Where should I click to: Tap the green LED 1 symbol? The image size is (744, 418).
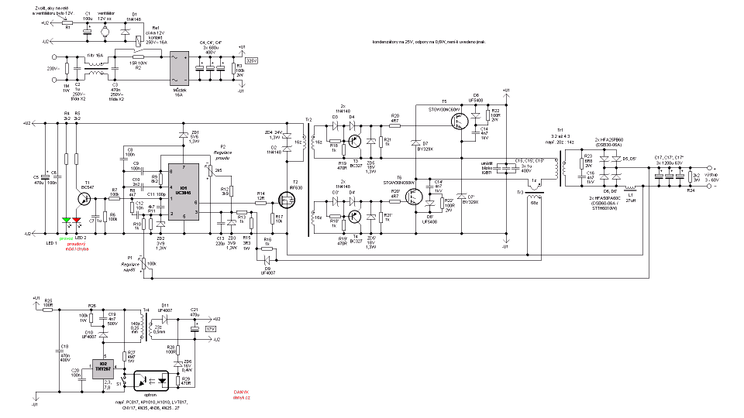(67, 221)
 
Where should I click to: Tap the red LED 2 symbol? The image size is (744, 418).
(77, 221)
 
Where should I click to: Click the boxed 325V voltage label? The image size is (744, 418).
(250, 60)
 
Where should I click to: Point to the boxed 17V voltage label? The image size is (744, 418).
(210, 329)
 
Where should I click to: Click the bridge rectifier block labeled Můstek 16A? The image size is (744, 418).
(181, 70)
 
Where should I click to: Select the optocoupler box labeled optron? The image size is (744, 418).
(152, 381)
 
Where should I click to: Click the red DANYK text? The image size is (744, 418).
(241, 392)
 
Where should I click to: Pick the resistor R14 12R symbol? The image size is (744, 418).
(260, 199)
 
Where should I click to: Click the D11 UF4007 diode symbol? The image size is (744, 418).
(165, 318)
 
